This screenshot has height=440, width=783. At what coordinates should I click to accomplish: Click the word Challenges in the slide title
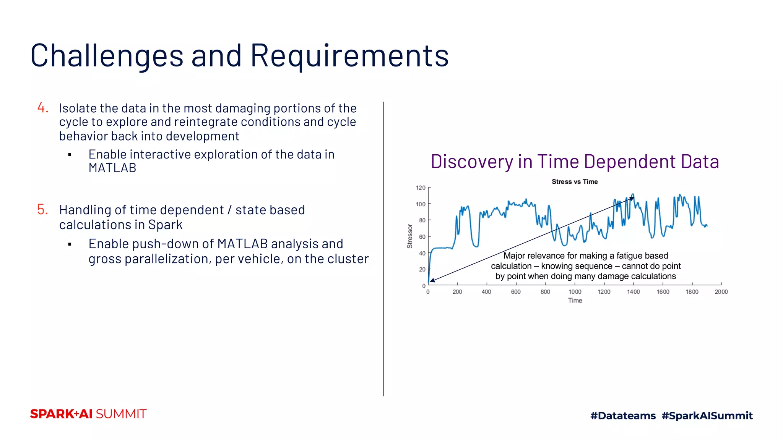(107, 56)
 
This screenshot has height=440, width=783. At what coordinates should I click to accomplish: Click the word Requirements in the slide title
(349, 56)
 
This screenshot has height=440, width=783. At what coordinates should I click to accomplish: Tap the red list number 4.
(43, 108)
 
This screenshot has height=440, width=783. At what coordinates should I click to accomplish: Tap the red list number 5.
(42, 209)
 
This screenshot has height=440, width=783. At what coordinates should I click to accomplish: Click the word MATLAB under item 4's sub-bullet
(112, 168)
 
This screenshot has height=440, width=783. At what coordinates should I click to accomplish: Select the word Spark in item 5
(165, 225)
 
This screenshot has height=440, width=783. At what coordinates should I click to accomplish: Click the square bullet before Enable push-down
(70, 244)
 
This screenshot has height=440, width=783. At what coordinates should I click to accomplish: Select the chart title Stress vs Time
(574, 182)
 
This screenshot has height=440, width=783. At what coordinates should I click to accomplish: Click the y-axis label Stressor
(410, 236)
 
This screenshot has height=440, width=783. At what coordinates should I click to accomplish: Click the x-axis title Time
(575, 301)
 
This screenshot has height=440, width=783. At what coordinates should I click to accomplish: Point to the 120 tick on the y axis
(421, 188)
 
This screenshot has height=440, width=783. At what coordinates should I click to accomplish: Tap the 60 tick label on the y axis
(422, 237)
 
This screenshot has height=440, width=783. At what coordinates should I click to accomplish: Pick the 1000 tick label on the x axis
(575, 292)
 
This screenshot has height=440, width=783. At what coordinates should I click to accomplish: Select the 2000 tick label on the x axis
(721, 292)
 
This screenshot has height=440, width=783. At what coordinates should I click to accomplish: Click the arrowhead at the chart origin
(432, 281)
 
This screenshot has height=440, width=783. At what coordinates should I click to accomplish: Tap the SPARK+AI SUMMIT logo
(88, 414)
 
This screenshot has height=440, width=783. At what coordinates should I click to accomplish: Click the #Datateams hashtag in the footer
(623, 416)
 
